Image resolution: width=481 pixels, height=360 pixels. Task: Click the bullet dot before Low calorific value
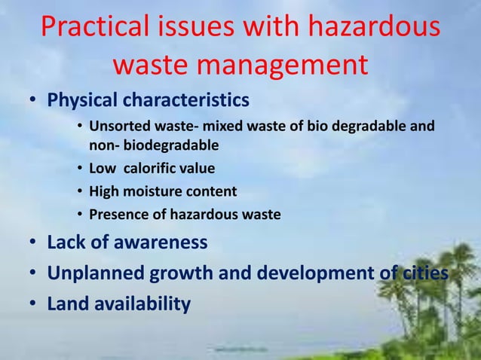click(81, 168)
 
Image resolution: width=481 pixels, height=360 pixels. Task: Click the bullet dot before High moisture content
click(81, 192)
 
